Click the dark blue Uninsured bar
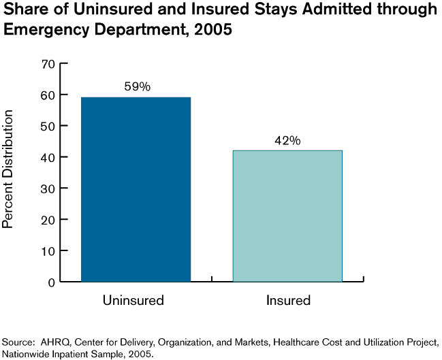pos(136,189)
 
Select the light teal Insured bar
pos(287,215)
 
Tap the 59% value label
pos(136,87)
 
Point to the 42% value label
pos(287,140)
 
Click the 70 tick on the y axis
pos(48,64)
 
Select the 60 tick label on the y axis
pos(48,95)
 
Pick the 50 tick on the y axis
pos(48,126)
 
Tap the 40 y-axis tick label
pos(48,157)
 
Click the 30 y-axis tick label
pos(48,189)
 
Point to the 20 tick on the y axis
pos(48,220)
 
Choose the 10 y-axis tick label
pos(48,250)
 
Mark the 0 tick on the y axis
pos(51,282)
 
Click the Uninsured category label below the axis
pos(133,300)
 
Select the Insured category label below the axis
pos(287,300)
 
